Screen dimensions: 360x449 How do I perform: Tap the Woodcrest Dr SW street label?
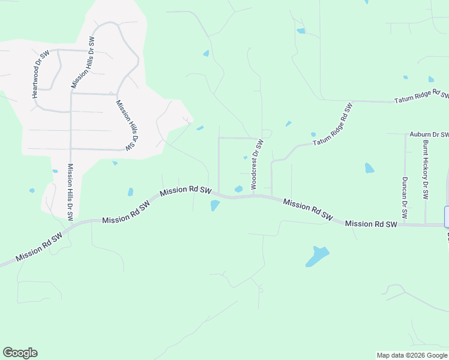coord(257,164)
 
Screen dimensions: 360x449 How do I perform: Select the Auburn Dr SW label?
coord(429,135)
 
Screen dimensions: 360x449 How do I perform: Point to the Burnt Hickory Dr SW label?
coord(425,170)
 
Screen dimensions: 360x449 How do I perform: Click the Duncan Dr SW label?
coord(405,197)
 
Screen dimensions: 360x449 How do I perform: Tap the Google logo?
coord(20,353)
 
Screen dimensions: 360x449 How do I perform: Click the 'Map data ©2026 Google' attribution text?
coord(412,355)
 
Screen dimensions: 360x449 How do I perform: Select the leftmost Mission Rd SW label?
coord(39,247)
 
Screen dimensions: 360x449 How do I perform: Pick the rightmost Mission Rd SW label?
coord(371,224)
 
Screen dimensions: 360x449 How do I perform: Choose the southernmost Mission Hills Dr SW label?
coord(70,191)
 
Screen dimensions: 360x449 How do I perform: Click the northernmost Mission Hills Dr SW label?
coord(83,62)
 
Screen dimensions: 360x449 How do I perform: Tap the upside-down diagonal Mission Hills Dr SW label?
coord(127,125)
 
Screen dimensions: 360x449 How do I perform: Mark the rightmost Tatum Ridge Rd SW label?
coord(421,97)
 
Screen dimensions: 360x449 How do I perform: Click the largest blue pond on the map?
coord(317,256)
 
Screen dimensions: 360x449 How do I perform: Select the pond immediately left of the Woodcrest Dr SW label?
coord(239,189)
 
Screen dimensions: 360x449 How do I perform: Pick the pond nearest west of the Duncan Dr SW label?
coord(369,168)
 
